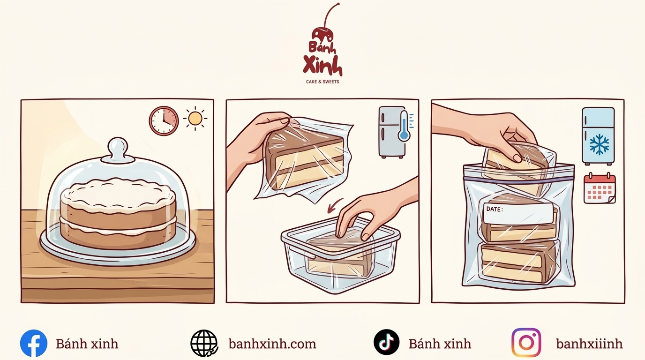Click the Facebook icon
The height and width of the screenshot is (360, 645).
(34, 343)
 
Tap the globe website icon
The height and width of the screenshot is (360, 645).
(204, 343)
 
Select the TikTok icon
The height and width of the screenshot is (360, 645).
(386, 342)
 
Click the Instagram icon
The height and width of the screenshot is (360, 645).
(526, 343)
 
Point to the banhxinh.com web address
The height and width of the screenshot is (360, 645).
(272, 344)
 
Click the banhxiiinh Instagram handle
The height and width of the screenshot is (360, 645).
(589, 344)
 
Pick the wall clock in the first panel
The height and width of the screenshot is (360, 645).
(164, 120)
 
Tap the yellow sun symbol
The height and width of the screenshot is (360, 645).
(195, 118)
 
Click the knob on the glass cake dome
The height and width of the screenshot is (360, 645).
(118, 148)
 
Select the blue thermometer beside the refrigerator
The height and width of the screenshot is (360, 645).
(405, 126)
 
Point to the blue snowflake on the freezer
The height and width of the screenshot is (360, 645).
(599, 144)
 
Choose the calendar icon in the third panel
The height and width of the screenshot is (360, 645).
(600, 188)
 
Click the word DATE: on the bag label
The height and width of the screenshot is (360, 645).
(495, 209)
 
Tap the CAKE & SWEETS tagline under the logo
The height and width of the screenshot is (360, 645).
(322, 82)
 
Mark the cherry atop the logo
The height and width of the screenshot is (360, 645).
(322, 33)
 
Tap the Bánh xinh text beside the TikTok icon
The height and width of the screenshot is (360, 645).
(440, 344)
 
